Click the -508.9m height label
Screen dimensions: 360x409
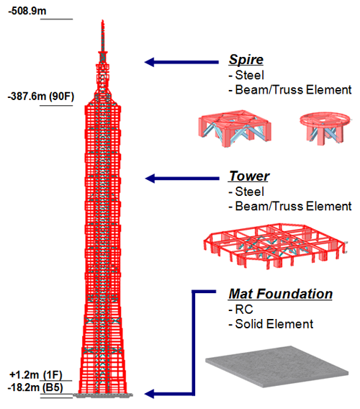coord(27,12)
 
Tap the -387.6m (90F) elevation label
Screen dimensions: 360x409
coord(41,96)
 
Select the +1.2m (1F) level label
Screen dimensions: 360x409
coord(36,375)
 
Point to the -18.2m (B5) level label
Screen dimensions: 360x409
coord(35,387)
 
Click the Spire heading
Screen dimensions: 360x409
coord(246,60)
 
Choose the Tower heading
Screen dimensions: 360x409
coord(249,176)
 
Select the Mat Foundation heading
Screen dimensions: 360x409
coord(280,294)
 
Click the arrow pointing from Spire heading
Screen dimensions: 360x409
coord(181,62)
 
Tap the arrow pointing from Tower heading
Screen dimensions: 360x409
coord(182,179)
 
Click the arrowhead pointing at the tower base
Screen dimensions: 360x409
coord(149,394)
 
